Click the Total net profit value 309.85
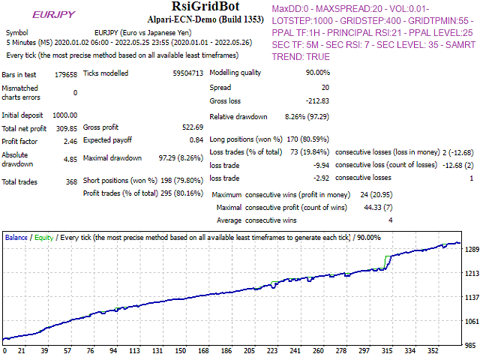(63, 128)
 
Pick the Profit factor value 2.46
(69, 141)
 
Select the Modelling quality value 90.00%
(315, 73)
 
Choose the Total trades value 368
(70, 182)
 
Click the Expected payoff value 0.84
(196, 140)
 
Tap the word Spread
(221, 88)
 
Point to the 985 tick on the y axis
(469, 346)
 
